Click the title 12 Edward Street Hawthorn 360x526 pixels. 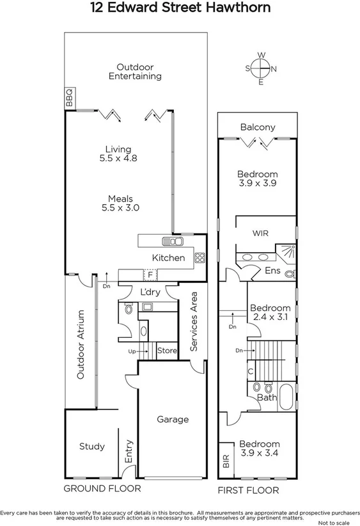(180, 8)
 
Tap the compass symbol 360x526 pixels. (261, 68)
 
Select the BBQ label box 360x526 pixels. (70, 98)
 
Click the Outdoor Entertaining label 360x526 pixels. (134, 71)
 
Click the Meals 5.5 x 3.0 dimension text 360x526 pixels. (120, 203)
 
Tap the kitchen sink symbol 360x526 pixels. (173, 241)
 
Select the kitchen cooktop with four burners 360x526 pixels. (199, 259)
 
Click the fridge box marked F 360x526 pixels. (150, 275)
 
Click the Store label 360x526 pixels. (167, 351)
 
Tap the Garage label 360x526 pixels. (173, 420)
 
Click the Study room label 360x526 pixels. (92, 446)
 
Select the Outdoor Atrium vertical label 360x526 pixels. (81, 345)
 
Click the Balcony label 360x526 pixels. (258, 127)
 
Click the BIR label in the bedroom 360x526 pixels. (226, 463)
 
